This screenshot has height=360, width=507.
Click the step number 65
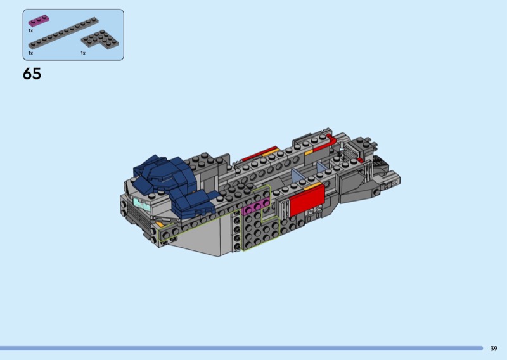[x=32, y=74]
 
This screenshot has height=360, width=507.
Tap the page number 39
[x=494, y=349]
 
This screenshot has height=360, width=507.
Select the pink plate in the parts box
[x=39, y=21]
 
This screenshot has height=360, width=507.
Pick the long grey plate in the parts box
[x=63, y=33]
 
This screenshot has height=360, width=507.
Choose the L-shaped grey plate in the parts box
[x=100, y=40]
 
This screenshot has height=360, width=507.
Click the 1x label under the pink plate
[x=30, y=30]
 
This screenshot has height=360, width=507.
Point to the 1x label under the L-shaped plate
[x=83, y=53]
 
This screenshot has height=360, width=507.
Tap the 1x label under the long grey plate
[x=30, y=53]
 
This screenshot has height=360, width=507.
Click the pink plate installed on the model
[x=255, y=207]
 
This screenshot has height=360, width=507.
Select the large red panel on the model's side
[x=307, y=200]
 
